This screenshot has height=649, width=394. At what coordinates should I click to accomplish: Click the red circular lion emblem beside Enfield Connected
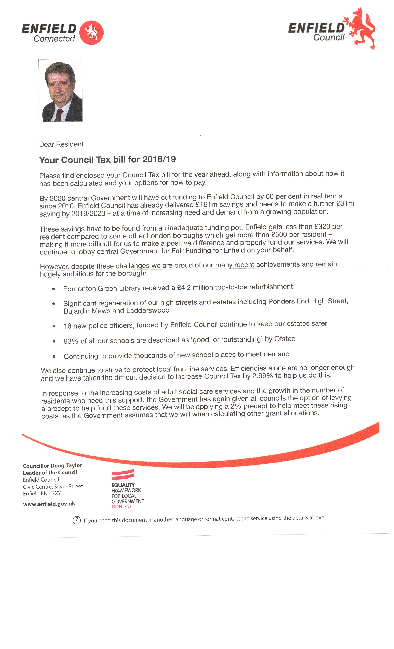click(91, 33)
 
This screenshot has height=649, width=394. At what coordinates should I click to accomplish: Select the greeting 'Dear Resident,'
click(62, 144)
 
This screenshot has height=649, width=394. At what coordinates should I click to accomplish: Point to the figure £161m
click(206, 205)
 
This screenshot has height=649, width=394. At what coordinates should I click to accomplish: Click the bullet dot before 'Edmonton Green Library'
click(54, 289)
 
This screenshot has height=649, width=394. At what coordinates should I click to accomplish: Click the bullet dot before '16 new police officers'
click(54, 326)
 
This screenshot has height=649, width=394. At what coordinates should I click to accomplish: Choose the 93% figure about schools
click(71, 341)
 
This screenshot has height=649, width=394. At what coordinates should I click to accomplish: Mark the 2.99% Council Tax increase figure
click(262, 376)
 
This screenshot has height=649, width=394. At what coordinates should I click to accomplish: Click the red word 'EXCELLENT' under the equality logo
click(121, 507)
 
